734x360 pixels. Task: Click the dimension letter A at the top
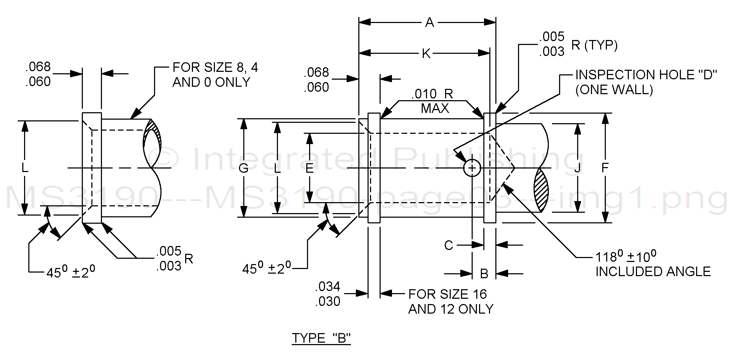(429, 23)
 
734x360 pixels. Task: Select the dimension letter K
(426, 54)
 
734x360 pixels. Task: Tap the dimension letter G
(243, 168)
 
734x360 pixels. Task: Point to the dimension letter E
(309, 168)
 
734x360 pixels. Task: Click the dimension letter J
(577, 168)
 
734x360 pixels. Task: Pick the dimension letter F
(605, 168)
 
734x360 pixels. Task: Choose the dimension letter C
(448, 245)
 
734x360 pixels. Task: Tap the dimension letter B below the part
(484, 274)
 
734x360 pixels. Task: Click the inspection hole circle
(472, 168)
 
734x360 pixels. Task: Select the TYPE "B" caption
(321, 338)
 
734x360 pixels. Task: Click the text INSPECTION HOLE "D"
(646, 75)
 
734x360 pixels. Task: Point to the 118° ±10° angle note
(626, 256)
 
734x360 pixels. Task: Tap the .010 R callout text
(432, 94)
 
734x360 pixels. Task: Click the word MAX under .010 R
(435, 108)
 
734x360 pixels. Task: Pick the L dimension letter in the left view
(24, 168)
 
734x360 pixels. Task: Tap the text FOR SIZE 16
(448, 294)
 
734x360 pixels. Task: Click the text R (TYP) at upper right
(594, 45)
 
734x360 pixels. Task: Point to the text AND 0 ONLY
(211, 82)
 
